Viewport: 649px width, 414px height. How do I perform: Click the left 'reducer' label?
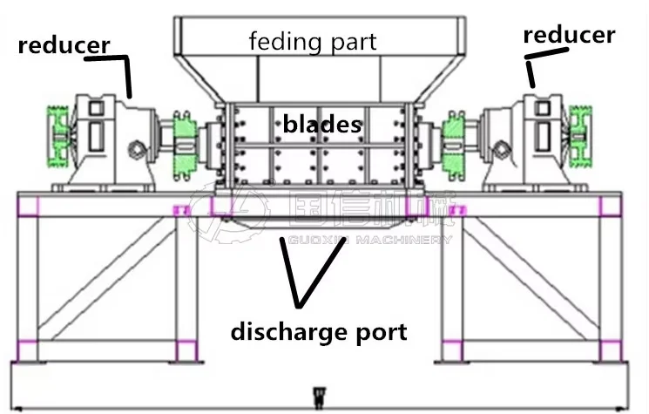[64, 44]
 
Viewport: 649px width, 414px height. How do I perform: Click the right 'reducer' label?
[569, 35]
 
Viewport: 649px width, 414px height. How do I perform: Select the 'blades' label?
[321, 124]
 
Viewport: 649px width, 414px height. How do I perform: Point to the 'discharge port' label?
[318, 332]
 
